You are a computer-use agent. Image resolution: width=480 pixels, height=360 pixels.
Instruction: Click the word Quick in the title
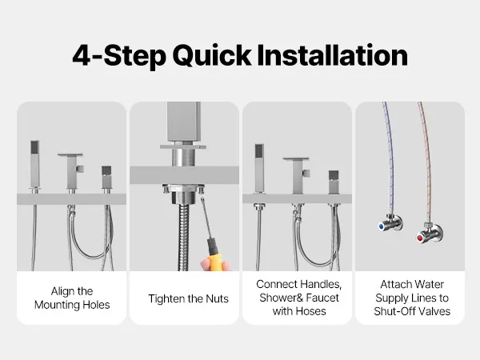click(212, 56)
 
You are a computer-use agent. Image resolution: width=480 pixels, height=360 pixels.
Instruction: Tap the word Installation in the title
click(333, 55)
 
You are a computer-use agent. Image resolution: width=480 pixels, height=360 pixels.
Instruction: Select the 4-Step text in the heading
click(119, 56)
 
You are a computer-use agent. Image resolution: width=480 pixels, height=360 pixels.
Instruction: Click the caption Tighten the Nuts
click(188, 298)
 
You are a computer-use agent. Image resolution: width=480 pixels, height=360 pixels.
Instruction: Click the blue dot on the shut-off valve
click(382, 226)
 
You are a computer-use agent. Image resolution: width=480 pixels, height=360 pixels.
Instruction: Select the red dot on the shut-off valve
click(420, 238)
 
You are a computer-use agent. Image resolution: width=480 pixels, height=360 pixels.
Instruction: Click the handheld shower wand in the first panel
click(35, 164)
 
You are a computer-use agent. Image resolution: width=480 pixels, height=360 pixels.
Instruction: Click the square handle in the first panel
click(106, 178)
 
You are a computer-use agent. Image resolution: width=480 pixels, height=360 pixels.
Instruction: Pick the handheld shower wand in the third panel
click(259, 168)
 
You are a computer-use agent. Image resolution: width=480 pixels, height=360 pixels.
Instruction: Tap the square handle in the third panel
click(334, 182)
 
